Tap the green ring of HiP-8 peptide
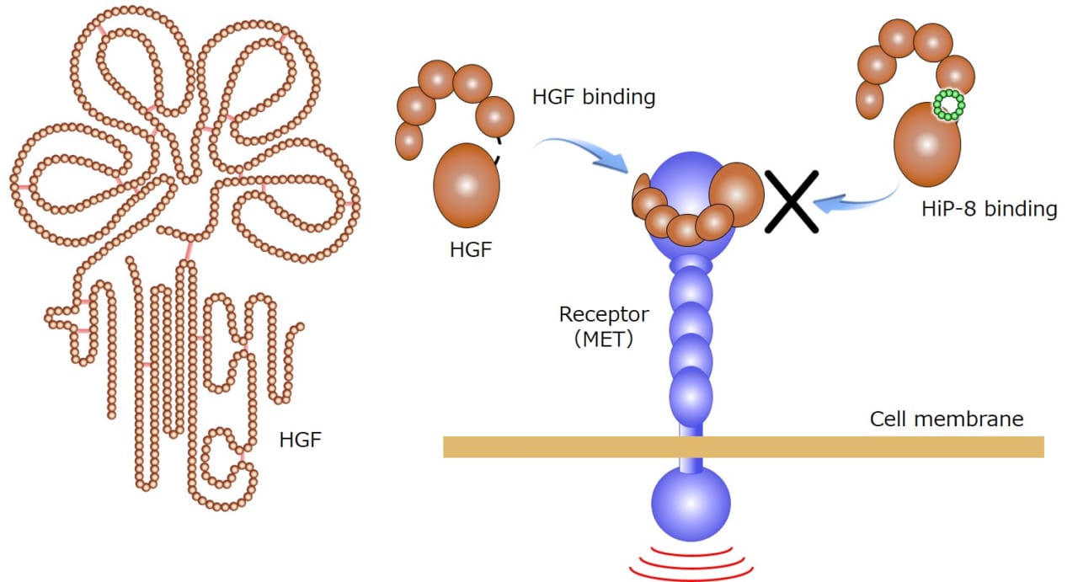point(949,105)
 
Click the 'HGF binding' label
point(593,97)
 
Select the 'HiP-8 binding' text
point(989,209)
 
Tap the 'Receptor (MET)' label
point(604,328)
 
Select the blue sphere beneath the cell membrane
point(691,505)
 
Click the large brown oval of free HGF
point(466,185)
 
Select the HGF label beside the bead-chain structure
point(300,440)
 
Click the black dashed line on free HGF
point(496,152)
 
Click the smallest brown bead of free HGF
point(409,140)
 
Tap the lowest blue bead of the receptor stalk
point(691,392)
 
